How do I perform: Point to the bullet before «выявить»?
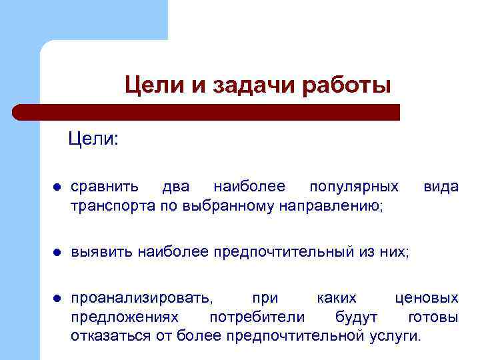[x=58, y=253]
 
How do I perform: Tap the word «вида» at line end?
[x=441, y=187]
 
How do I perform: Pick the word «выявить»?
[x=102, y=251]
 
